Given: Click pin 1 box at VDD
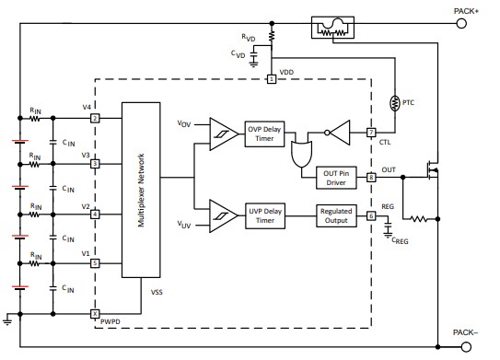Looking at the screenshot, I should [272, 79].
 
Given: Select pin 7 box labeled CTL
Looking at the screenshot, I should [370, 133].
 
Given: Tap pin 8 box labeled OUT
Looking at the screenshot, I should [370, 176].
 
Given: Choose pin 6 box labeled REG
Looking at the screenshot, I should [370, 216].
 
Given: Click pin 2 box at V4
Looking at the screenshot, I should [95, 118].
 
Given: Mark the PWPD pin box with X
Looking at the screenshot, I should [95, 313].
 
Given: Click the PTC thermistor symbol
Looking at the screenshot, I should [395, 101].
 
